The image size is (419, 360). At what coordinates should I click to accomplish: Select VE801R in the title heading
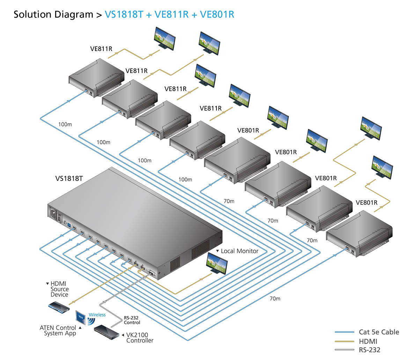tap(217, 15)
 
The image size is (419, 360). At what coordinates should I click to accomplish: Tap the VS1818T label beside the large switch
tap(69, 179)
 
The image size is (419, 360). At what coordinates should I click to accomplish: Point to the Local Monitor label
tap(240, 251)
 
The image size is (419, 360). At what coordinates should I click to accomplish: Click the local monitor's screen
tap(217, 262)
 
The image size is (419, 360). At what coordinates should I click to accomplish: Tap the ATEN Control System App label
tap(58, 330)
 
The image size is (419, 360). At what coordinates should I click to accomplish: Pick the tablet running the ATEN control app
tap(80, 317)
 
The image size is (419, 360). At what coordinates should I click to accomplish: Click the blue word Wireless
tap(97, 315)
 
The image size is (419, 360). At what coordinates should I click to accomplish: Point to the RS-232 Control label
tap(132, 320)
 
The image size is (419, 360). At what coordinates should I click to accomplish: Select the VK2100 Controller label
tap(139, 338)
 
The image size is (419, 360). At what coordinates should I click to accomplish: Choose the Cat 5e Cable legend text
tap(379, 332)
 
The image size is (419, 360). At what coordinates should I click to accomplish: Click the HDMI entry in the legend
tap(368, 341)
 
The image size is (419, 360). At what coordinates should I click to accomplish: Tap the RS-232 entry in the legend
tap(369, 350)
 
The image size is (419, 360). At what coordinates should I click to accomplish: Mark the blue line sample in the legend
tap(344, 332)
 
